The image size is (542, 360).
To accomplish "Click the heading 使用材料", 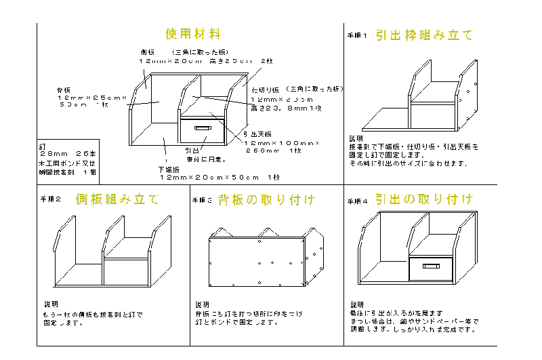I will (x=193, y=34).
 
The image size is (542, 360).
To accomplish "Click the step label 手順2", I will (x=51, y=200).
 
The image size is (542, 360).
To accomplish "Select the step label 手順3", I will (x=203, y=201).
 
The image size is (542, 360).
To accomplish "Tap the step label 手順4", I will (x=357, y=201).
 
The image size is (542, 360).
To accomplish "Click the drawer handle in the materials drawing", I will (x=203, y=127).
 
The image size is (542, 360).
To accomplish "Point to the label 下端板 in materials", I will (x=167, y=169).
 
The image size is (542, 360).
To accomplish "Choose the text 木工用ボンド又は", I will (x=67, y=163).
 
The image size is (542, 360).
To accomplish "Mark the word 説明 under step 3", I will (x=203, y=304).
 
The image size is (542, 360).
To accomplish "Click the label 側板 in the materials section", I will (x=148, y=52).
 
